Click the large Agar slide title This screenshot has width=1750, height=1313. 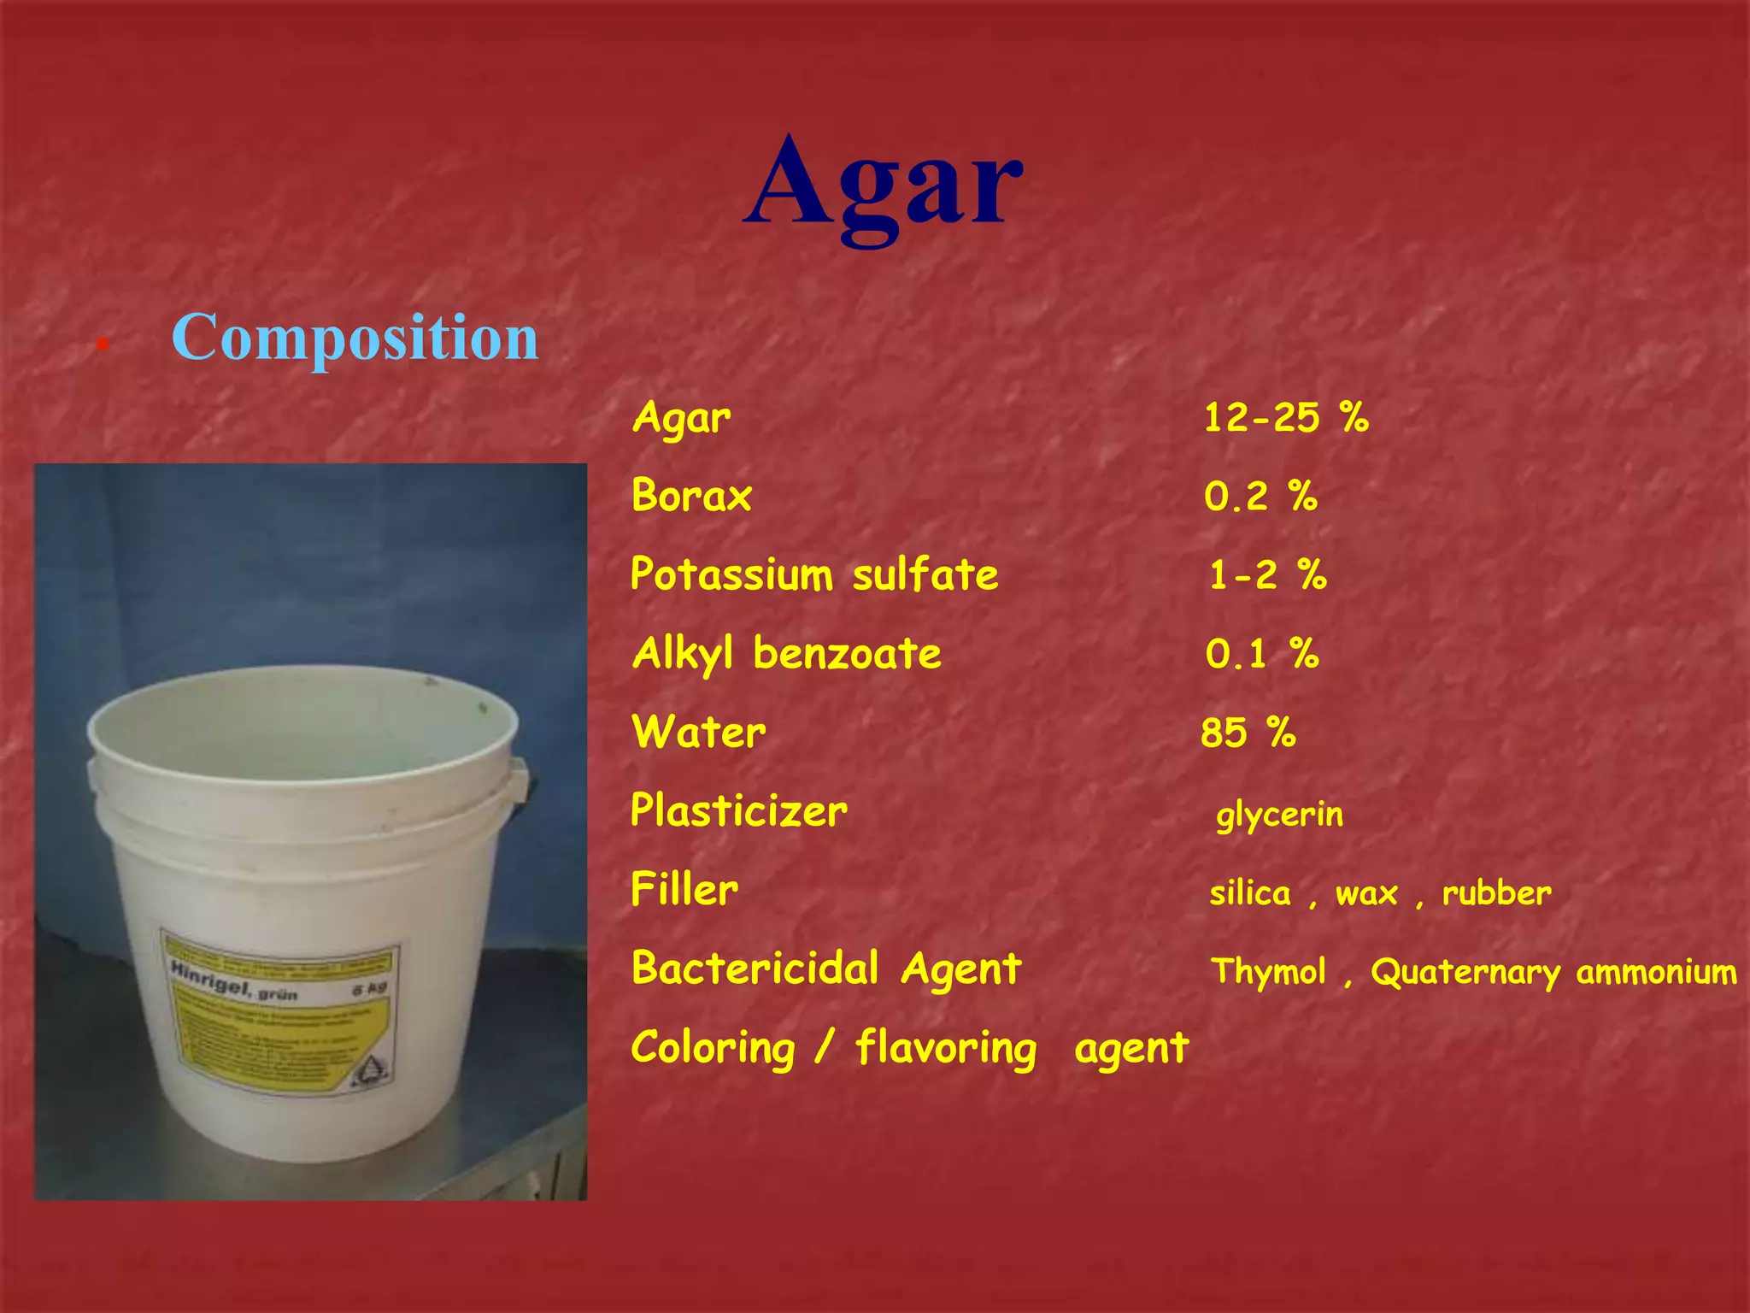[884, 186]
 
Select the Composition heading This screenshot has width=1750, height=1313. [355, 338]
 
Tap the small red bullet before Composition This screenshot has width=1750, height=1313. [102, 344]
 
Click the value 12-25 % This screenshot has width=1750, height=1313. [1285, 418]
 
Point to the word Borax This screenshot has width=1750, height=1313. [691, 496]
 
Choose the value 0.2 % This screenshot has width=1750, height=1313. [1260, 497]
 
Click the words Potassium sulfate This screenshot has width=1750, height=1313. [814, 574]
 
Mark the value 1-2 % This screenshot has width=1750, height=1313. [1267, 575]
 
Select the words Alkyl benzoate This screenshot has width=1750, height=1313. [787, 654]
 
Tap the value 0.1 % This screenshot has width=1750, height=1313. [1262, 654]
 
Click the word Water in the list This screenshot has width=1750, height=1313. [699, 733]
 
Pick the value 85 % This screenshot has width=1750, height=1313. [1248, 733]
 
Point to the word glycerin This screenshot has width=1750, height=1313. [1279, 815]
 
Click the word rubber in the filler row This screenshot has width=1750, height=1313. [1496, 893]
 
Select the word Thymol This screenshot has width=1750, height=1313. [1269, 972]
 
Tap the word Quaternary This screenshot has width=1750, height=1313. [1465, 973]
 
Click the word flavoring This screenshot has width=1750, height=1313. [946, 1049]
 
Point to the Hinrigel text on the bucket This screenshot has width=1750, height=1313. [210, 980]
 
